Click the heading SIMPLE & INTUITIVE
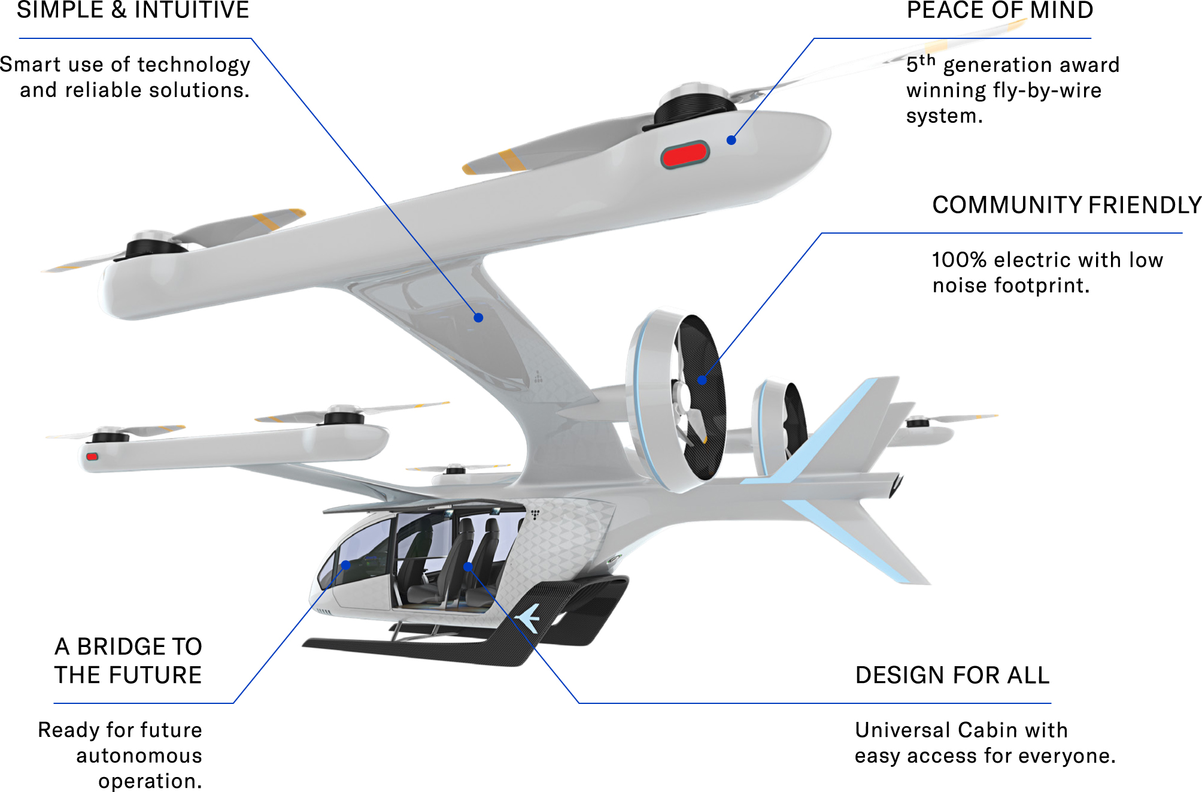(x=132, y=10)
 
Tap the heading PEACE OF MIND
(x=999, y=10)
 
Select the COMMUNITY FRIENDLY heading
(x=1066, y=205)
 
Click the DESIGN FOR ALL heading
(x=952, y=675)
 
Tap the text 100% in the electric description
(x=959, y=260)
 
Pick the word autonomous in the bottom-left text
(x=139, y=755)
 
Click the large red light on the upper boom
(x=685, y=155)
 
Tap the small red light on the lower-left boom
(x=92, y=457)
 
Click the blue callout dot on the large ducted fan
(x=702, y=380)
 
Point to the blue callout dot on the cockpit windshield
(x=345, y=565)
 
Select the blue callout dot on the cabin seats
(x=468, y=566)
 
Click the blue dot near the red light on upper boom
(x=731, y=140)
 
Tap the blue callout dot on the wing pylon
(x=478, y=318)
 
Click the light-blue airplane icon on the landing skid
(x=529, y=618)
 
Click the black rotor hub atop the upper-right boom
(x=694, y=108)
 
